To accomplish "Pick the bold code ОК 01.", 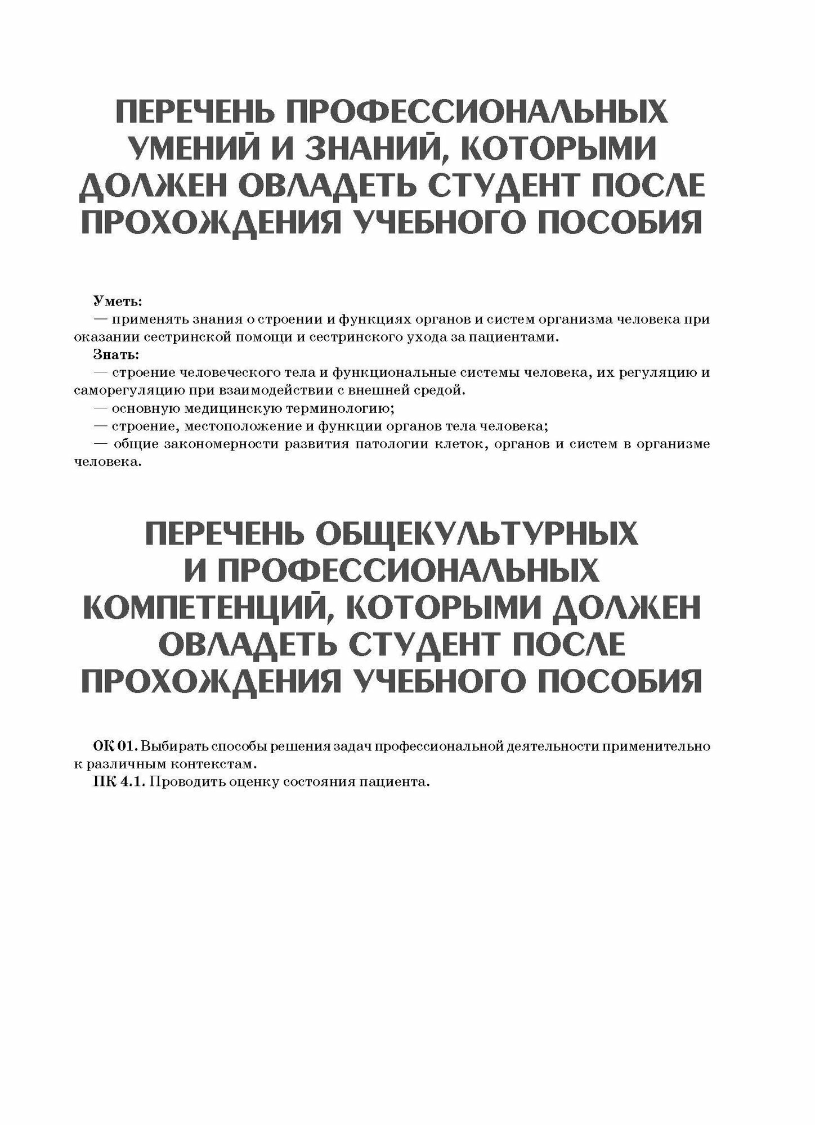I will coord(115,747).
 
